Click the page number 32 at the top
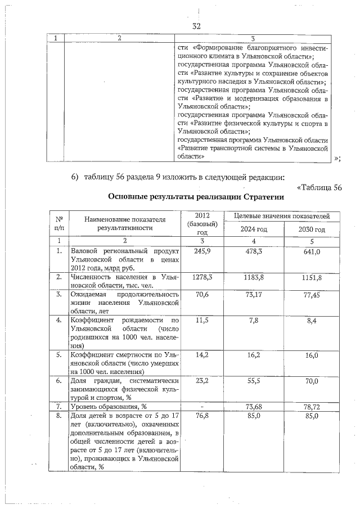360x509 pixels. point(196,26)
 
